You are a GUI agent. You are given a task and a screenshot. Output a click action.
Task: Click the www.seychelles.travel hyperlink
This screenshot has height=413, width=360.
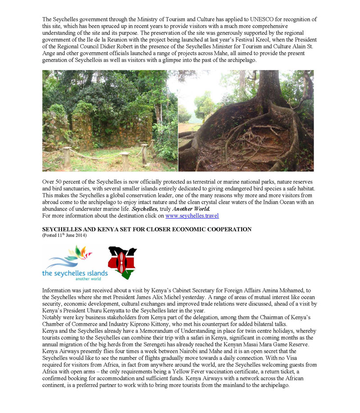click(192, 215)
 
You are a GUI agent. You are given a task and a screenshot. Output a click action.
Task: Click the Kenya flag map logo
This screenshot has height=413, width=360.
click(122, 262)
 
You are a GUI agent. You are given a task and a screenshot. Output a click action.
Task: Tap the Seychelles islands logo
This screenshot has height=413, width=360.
click(75, 263)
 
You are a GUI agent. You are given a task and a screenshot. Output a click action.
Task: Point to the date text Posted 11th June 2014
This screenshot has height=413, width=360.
click(64, 235)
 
